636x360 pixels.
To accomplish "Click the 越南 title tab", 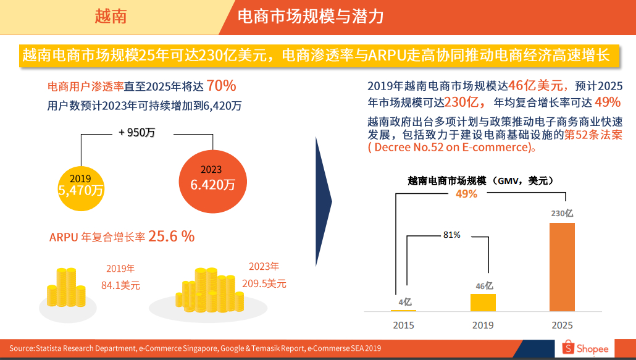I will pyautogui.click(x=111, y=16).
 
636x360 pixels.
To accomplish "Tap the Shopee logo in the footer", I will pyautogui.click(x=586, y=348).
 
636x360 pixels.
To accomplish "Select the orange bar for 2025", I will pyautogui.click(x=562, y=267).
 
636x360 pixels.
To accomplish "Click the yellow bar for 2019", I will pyautogui.click(x=483, y=302).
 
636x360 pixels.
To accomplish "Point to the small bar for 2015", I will pyautogui.click(x=403, y=310).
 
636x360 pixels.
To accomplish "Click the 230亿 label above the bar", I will pyautogui.click(x=562, y=213).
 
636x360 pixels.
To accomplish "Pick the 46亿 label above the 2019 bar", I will pyautogui.click(x=483, y=285).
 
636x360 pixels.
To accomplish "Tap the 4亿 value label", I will pyautogui.click(x=404, y=302).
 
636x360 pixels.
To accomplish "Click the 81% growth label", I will pyautogui.click(x=451, y=235).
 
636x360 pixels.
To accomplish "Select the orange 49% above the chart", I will pyautogui.click(x=466, y=194).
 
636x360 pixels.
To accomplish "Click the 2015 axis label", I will pyautogui.click(x=404, y=325).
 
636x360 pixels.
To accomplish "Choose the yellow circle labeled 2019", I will pyautogui.click(x=80, y=182).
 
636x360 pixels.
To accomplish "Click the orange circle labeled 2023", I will pyautogui.click(x=212, y=177).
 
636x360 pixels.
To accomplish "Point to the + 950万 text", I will pyautogui.click(x=136, y=132).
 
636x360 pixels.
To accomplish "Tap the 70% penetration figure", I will pyautogui.click(x=221, y=85).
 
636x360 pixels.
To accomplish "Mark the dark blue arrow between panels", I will pyautogui.click(x=323, y=201).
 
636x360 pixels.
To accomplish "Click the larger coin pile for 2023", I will pyautogui.click(x=208, y=290).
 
